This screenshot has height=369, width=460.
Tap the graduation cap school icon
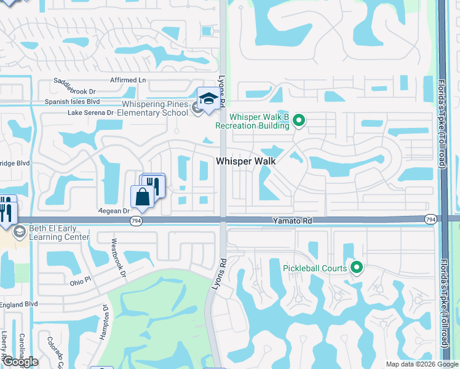(208, 99)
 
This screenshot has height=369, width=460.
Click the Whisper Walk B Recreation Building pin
(298, 120)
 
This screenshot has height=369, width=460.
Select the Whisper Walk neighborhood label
(245, 161)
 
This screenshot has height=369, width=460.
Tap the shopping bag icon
(142, 197)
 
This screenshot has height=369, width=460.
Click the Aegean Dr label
(113, 210)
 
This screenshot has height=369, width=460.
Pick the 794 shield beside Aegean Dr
(137, 220)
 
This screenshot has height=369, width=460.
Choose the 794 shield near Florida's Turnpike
(430, 219)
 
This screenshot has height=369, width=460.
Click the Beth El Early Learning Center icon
(19, 232)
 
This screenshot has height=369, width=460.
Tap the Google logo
(20, 362)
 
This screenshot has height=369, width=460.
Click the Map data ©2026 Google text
(422, 364)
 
